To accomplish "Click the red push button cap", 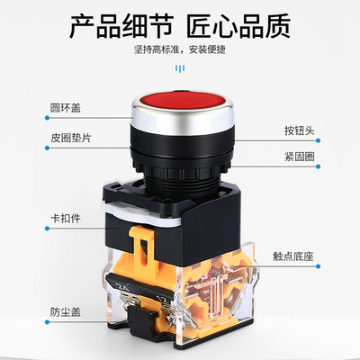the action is [x=182, y=101].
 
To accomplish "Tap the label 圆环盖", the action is [x=66, y=108].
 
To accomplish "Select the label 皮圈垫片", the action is [x=70, y=138].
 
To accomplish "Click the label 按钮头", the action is [x=300, y=130].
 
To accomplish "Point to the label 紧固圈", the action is [x=300, y=157].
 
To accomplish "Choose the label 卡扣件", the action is [x=66, y=219].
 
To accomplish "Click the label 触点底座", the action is [x=293, y=256].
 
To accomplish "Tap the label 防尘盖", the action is [x=66, y=312].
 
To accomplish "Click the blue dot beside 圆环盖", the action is [x=47, y=118].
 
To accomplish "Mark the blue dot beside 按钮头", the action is [x=318, y=140].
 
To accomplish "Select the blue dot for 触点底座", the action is [x=318, y=266].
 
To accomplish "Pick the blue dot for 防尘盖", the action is [x=47, y=322].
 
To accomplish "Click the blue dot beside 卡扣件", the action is [x=47, y=229].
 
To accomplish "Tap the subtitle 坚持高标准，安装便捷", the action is [x=180, y=49].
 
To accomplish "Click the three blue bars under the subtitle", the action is [x=180, y=68].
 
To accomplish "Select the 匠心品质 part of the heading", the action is [x=239, y=26].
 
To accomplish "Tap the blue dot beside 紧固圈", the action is [x=318, y=166].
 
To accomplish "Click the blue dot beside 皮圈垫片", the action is [x=47, y=148].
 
